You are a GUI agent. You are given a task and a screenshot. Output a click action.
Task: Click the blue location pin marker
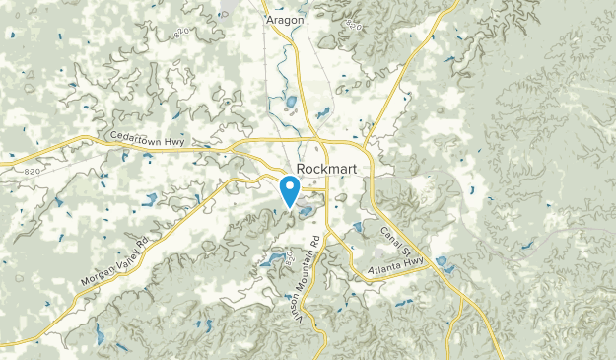[x=291, y=189]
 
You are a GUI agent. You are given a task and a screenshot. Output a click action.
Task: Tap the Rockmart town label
[x=325, y=168]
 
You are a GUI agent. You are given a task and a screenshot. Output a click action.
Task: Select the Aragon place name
[x=284, y=19]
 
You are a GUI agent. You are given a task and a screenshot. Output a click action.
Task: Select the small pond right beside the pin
[x=307, y=210]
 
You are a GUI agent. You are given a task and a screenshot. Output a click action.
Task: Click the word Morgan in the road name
[x=100, y=273]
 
